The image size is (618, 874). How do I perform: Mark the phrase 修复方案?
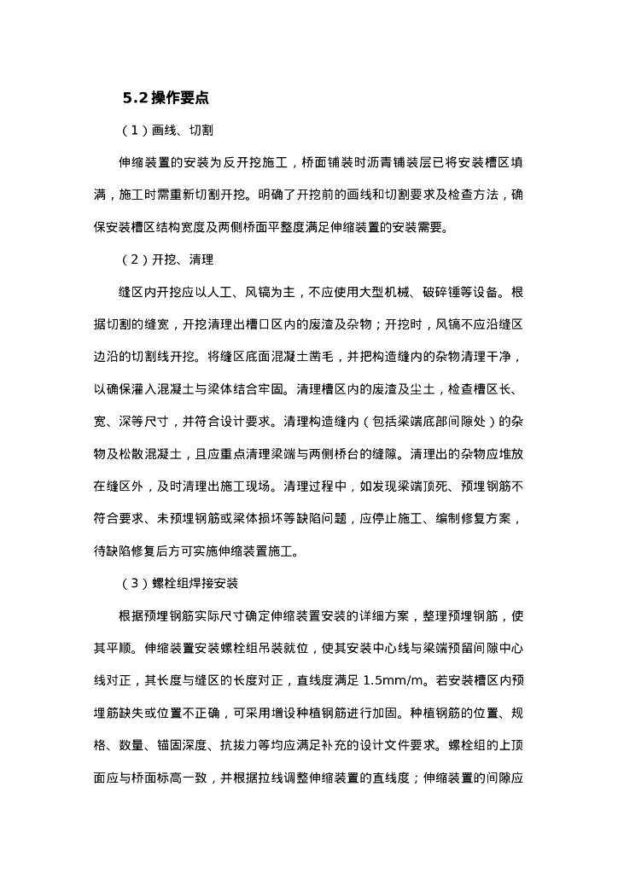pyautogui.click(x=483, y=519)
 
